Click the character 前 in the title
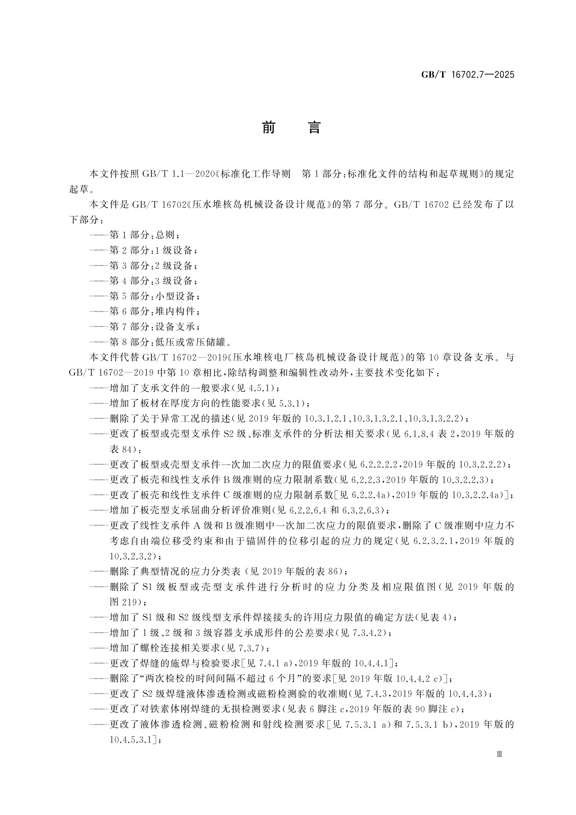click(x=268, y=128)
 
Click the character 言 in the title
click(x=314, y=128)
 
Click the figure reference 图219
click(x=125, y=602)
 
